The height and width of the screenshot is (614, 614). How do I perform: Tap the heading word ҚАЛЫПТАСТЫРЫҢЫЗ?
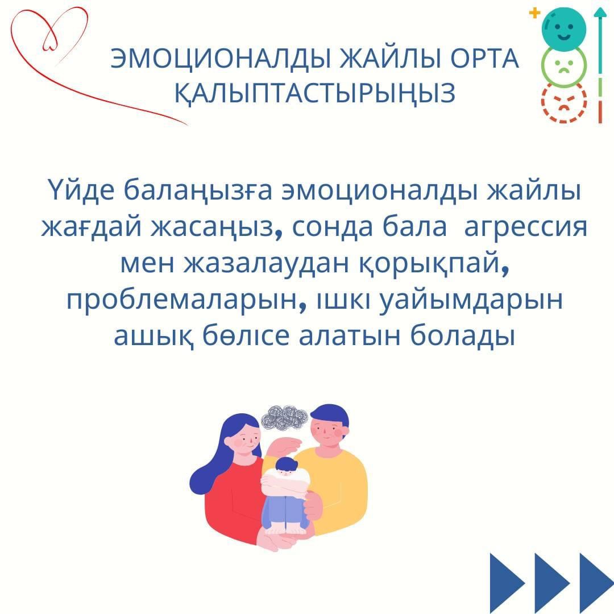[x=315, y=94]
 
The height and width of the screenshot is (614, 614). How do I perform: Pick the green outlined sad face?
[x=564, y=65]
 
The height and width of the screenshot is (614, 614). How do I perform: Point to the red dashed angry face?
[x=564, y=101]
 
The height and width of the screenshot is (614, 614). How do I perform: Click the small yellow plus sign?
[x=534, y=13]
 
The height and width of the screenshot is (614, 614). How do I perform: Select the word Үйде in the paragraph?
[x=82, y=190]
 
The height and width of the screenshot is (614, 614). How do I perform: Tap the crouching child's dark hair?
[x=286, y=464]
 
